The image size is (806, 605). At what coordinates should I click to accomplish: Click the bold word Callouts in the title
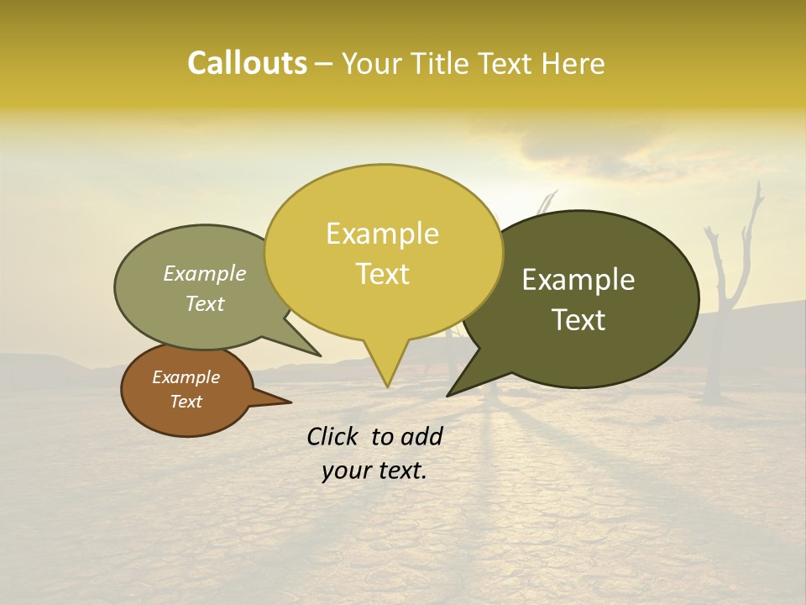point(247,63)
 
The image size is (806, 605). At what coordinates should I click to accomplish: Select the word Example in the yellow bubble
point(382,234)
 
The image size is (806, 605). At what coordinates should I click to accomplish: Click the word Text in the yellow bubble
point(382,274)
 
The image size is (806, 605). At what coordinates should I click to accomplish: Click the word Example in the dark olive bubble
point(578,280)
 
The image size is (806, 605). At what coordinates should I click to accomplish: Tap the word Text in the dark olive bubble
point(578,320)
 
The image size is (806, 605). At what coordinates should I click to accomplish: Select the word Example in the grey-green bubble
point(205,274)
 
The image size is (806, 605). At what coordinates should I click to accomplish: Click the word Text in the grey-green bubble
point(205,303)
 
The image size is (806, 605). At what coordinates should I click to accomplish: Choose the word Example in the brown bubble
point(186,377)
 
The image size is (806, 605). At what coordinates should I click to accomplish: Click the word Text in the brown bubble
point(186,402)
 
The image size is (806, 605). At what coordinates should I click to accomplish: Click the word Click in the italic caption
point(333,436)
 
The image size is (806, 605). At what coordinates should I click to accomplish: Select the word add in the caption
point(421,436)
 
